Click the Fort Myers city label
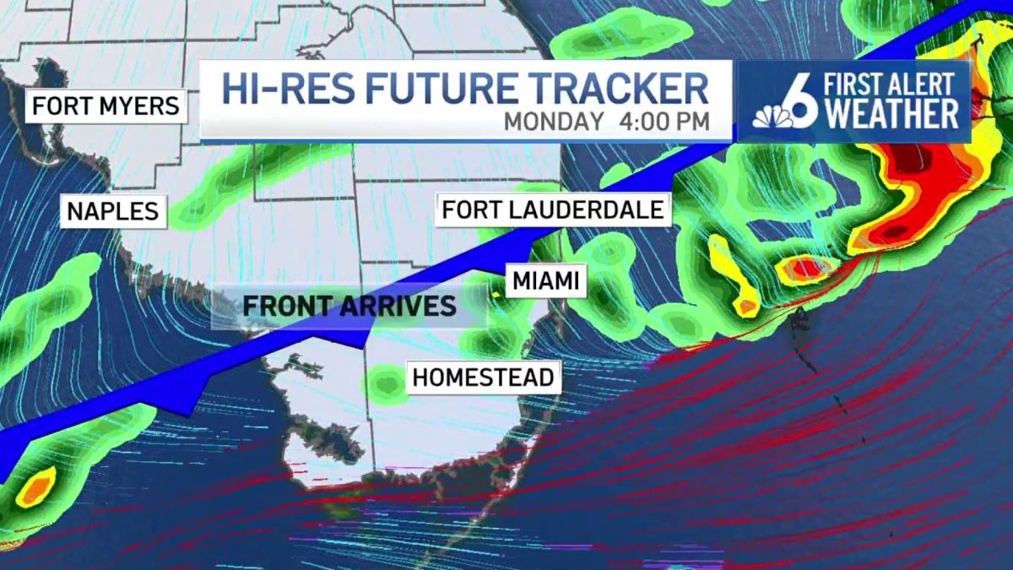[106, 106]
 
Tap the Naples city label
[113, 210]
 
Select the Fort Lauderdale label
[553, 209]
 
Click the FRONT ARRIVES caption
[349, 305]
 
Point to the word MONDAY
[554, 121]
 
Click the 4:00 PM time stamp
[664, 121]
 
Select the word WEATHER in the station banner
[892, 113]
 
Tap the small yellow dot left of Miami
[496, 294]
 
